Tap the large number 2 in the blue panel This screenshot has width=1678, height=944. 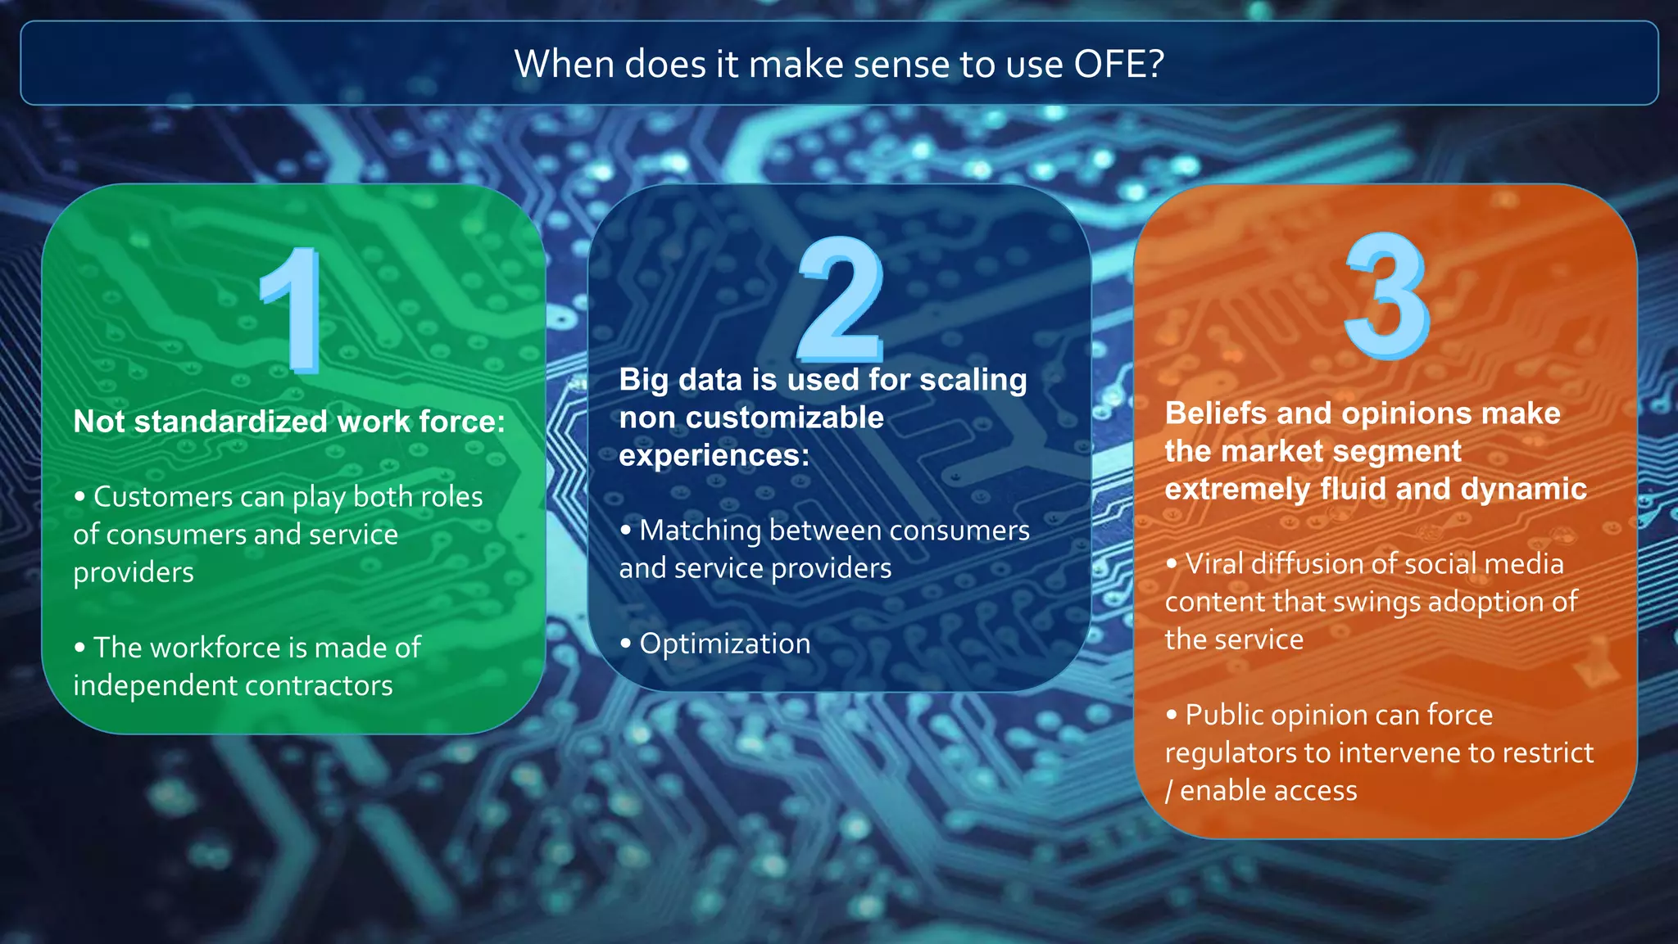pos(841,300)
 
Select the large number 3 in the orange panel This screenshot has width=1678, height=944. pos(1386,296)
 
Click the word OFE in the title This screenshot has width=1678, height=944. pos(1118,64)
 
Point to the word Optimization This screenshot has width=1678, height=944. pos(724,644)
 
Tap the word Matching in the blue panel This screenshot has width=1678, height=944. pos(701,531)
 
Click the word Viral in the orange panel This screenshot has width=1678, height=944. pos(1214,564)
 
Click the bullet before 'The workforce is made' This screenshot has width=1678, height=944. pos(79,648)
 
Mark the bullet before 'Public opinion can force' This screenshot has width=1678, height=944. pos(1172,715)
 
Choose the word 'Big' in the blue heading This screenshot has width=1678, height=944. pos(644,381)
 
